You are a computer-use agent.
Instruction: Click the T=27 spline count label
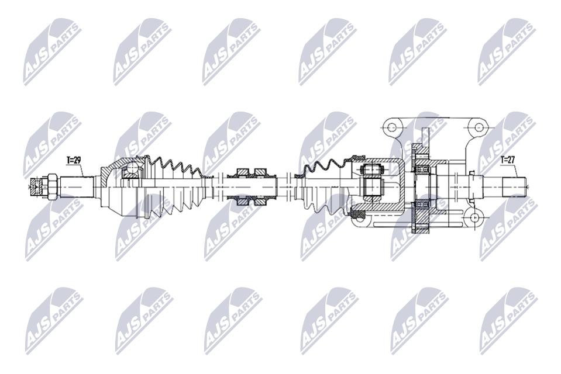click(x=507, y=160)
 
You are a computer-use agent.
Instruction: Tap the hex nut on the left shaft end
click(x=51, y=186)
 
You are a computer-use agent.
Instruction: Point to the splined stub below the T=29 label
click(x=76, y=186)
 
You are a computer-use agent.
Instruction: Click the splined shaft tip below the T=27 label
click(x=515, y=186)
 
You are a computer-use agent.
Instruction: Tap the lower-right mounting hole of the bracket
click(x=474, y=217)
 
